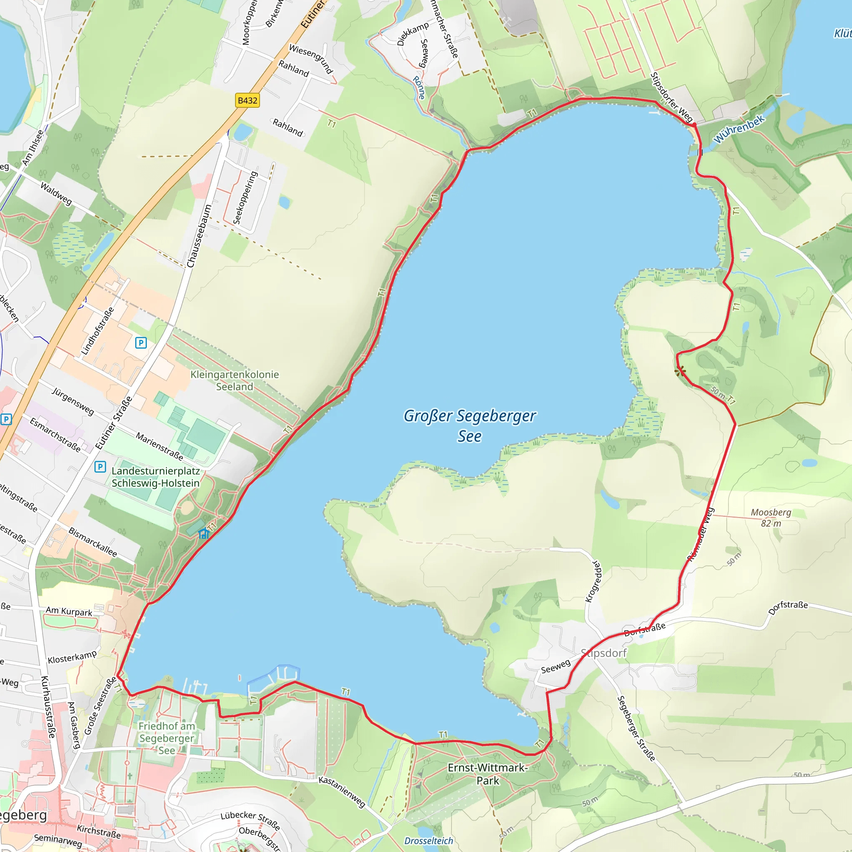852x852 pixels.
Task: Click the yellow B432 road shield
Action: (247, 101)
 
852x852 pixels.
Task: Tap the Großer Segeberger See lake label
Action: (470, 426)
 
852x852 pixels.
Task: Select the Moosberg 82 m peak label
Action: (771, 518)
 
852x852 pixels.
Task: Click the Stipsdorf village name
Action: (603, 653)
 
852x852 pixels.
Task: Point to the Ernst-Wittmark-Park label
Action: (487, 774)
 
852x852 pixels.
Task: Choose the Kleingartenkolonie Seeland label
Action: (235, 381)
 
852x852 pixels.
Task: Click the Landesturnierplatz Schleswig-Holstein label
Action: (155, 477)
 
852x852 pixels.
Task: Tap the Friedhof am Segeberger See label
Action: (166, 738)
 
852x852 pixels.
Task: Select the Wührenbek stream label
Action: (739, 129)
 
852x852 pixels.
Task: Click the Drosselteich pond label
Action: (428, 841)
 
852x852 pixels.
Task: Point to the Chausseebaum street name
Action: (199, 236)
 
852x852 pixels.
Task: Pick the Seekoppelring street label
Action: (245, 198)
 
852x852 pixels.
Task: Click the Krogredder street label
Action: (593, 582)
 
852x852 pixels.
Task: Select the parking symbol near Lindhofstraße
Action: (141, 343)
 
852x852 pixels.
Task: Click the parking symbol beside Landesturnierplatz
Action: (100, 467)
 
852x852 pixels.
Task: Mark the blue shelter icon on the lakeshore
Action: (203, 534)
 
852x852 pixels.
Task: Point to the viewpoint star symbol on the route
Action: (681, 370)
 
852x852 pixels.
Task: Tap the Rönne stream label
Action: (419, 87)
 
